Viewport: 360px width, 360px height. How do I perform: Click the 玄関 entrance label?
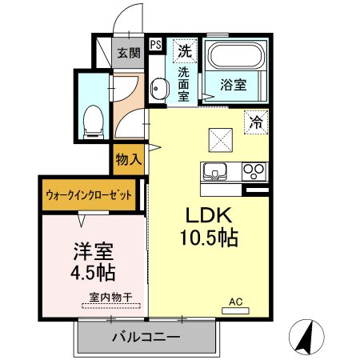pyautogui.click(x=130, y=53)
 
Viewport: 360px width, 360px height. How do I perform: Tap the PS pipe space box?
pyautogui.click(x=155, y=46)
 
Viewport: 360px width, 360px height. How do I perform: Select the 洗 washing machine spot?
pyautogui.click(x=184, y=50)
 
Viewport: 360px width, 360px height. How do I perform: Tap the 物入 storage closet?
pyautogui.click(x=129, y=158)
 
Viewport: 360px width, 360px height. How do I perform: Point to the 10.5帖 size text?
pyautogui.click(x=210, y=238)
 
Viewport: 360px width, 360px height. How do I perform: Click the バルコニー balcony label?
pyautogui.click(x=146, y=338)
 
